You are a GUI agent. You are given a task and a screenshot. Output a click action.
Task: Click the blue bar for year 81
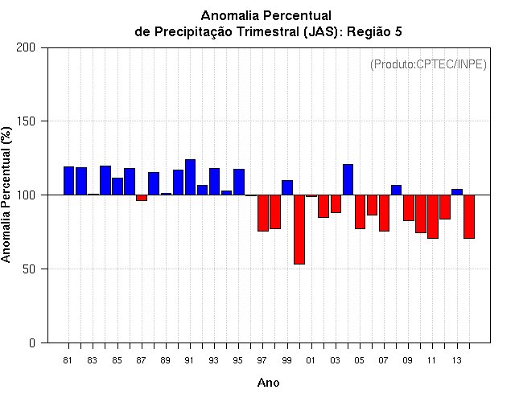point(68,180)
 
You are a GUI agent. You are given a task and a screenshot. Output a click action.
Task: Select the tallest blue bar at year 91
point(190,177)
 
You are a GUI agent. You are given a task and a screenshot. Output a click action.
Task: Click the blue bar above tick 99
point(286,187)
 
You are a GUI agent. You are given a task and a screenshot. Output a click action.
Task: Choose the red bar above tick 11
point(432,216)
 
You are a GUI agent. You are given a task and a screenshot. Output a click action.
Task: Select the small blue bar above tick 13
point(456,191)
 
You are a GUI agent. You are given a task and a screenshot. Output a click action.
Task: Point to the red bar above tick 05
point(360,211)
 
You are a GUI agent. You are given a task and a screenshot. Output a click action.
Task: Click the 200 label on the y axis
point(27,47)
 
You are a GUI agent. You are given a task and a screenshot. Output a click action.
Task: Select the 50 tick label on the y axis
point(30,269)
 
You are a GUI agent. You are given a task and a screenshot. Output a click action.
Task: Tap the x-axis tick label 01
point(311,361)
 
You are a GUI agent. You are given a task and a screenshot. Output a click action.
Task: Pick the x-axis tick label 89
point(166,361)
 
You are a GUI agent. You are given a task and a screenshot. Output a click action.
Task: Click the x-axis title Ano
point(268,383)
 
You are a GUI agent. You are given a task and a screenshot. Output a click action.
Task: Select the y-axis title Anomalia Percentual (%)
point(7,195)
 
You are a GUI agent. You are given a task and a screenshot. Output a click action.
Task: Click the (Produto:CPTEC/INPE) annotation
point(428,64)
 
